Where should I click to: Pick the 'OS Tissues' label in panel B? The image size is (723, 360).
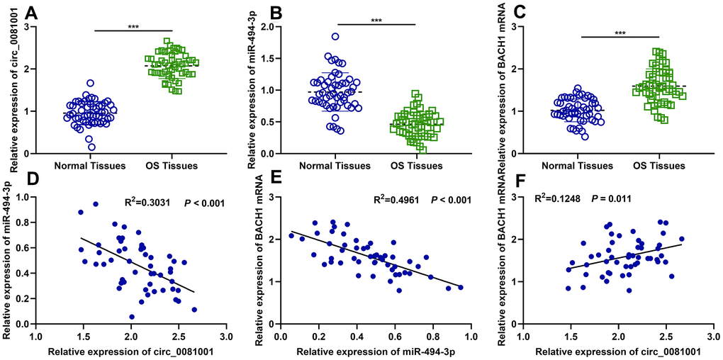pos(417,167)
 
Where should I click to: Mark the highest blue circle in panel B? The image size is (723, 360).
pos(335,37)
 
